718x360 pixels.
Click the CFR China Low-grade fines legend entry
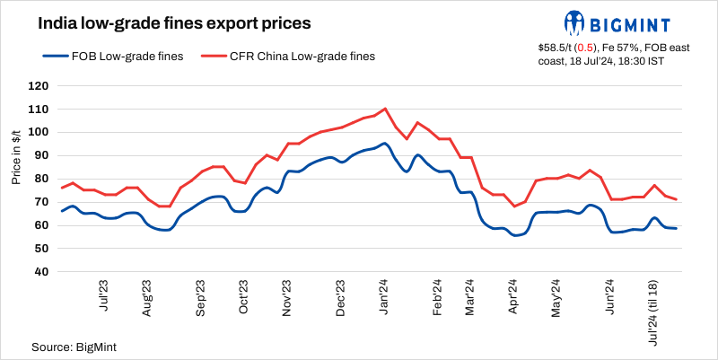pos(289,56)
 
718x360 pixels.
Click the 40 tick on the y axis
pos(40,271)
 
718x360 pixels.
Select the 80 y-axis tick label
pos(40,179)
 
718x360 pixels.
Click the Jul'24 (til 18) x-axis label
pos(653,311)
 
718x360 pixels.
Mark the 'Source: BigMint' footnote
pos(74,346)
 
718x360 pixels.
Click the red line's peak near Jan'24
pos(385,109)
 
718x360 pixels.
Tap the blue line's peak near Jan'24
pos(384,143)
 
